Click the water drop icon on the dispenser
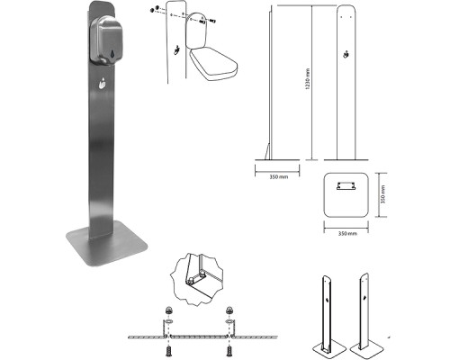[112, 54]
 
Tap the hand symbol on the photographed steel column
[103, 83]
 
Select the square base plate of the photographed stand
[107, 244]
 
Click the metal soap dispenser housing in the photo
[104, 40]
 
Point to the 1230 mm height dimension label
[307, 79]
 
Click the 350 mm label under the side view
[278, 176]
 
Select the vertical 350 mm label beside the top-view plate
[382, 194]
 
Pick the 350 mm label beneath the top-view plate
[347, 233]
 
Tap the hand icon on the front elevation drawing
[346, 54]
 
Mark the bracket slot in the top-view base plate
[346, 185]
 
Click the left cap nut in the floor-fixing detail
[168, 310]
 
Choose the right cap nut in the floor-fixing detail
[229, 310]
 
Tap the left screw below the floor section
[168, 350]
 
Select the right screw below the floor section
[229, 350]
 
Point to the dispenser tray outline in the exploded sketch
[212, 66]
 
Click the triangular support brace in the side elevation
[267, 151]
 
